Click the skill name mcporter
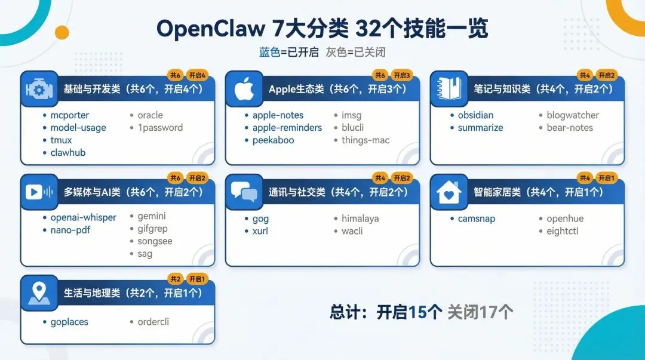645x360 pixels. [x=69, y=115]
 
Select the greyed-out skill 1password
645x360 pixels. [x=160, y=128]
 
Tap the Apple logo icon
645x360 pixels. [x=244, y=90]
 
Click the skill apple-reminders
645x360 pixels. [x=287, y=128]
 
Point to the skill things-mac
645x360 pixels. [x=365, y=140]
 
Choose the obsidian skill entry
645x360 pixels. [x=475, y=115]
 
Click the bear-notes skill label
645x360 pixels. [x=570, y=128]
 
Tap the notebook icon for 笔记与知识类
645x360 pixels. [x=449, y=90]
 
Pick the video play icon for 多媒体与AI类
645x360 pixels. [x=39, y=192]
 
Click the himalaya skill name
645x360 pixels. [x=360, y=219]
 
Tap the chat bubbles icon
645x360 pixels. [x=244, y=192]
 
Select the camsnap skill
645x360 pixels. [x=477, y=219]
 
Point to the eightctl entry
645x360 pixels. [x=562, y=231]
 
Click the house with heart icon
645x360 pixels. [x=449, y=192]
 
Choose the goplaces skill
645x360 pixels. [x=69, y=322]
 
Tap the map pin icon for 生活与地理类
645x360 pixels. [x=39, y=293]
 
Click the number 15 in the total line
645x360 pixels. [x=417, y=312]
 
